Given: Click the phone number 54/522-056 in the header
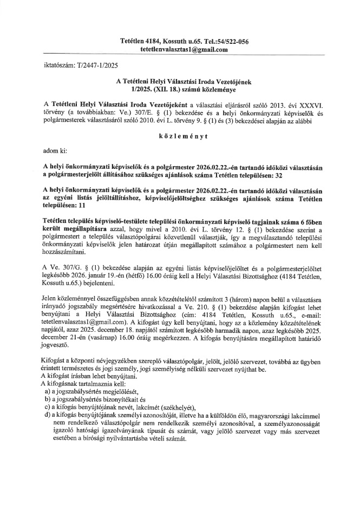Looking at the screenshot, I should (231, 42).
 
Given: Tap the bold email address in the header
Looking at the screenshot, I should (184, 50).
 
